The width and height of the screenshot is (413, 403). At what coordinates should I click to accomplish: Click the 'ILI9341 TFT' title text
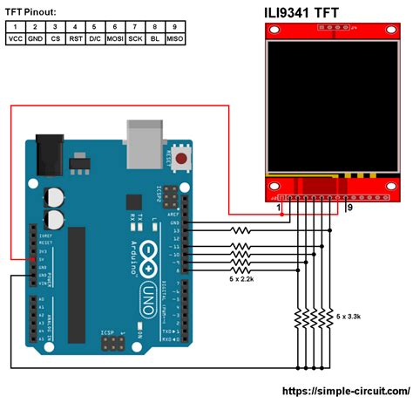point(306,13)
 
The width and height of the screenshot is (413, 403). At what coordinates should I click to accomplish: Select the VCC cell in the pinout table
point(15,40)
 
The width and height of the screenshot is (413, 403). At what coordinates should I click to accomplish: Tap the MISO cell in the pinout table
point(174,40)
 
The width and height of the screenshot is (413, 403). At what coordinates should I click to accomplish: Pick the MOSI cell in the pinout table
point(114,40)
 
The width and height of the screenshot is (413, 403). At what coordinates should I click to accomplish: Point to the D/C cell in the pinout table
point(94,40)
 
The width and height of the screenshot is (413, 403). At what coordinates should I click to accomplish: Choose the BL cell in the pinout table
point(154,40)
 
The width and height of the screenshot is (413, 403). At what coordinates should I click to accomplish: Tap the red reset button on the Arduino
point(182,159)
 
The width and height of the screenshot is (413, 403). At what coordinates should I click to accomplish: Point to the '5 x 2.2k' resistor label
point(241,279)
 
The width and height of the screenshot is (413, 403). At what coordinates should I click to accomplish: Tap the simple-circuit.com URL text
point(353,393)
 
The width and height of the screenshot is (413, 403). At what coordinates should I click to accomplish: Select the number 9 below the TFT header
point(349,208)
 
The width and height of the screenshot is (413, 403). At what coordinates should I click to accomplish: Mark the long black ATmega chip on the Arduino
point(78,270)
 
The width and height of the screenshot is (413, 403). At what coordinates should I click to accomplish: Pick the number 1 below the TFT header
point(279,208)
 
